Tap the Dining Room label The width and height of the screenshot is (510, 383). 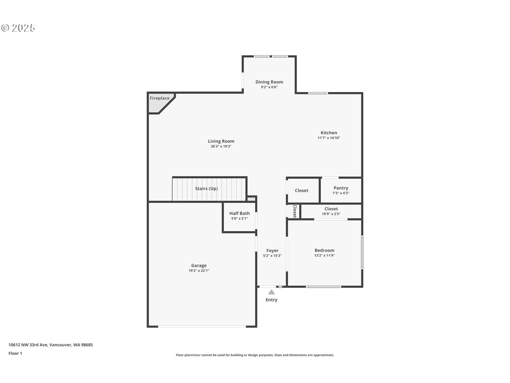pyautogui.click(x=269, y=82)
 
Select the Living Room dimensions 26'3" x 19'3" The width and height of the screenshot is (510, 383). pyautogui.click(x=221, y=146)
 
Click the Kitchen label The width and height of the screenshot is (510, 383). pyautogui.click(x=329, y=133)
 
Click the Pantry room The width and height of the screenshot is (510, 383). pyautogui.click(x=341, y=190)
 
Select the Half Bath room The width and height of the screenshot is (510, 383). pyautogui.click(x=239, y=216)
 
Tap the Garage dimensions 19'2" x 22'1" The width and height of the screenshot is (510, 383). pyautogui.click(x=199, y=270)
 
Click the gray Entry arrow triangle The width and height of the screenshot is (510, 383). pyautogui.click(x=271, y=292)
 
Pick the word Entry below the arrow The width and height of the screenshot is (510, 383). pyautogui.click(x=271, y=300)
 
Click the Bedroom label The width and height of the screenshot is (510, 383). pyautogui.click(x=324, y=250)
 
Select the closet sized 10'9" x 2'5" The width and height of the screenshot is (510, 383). pyautogui.click(x=331, y=211)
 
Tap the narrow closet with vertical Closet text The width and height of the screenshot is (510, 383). pyautogui.click(x=294, y=211)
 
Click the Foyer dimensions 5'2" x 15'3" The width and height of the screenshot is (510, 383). pyautogui.click(x=272, y=256)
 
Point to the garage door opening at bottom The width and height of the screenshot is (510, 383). pyautogui.click(x=202, y=326)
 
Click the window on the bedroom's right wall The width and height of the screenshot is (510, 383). pyautogui.click(x=362, y=252)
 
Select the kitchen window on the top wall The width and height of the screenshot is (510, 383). pyautogui.click(x=318, y=93)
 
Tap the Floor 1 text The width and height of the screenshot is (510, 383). pyautogui.click(x=15, y=353)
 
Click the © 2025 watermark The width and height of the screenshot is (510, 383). pyautogui.click(x=18, y=28)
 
